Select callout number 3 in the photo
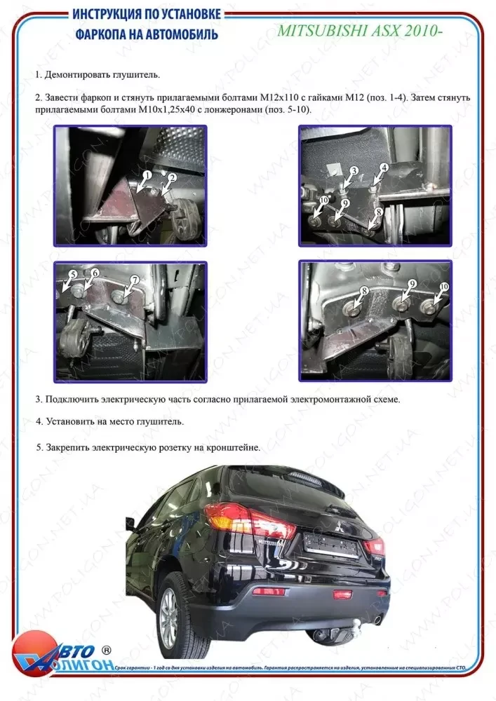354,170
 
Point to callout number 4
384,168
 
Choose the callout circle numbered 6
95,273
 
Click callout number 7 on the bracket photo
134,280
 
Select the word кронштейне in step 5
236,447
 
